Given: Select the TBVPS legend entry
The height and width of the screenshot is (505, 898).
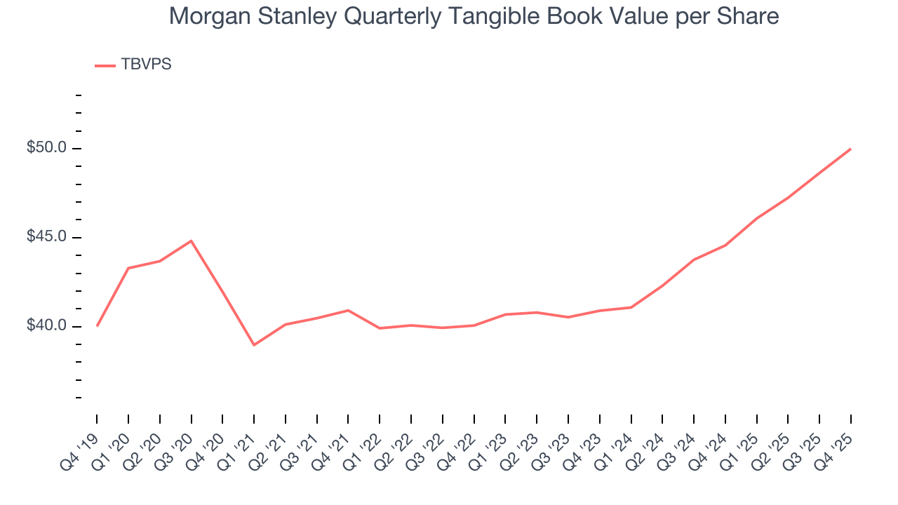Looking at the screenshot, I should [x=133, y=65].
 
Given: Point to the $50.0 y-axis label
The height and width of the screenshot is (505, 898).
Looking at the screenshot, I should [x=46, y=148].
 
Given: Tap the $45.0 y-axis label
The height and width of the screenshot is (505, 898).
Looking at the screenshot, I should [x=46, y=237].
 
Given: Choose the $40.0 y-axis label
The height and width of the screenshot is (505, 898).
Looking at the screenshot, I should [x=46, y=326].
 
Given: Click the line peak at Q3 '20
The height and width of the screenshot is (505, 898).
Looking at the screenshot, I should [x=192, y=241].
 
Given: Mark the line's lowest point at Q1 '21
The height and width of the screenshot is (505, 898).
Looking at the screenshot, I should [x=254, y=345].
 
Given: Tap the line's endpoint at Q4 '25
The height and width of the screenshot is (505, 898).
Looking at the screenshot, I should [x=851, y=149].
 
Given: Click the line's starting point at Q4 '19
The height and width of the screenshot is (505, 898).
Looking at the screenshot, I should [x=97, y=326].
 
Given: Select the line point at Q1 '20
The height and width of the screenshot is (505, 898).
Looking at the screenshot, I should [x=128, y=268].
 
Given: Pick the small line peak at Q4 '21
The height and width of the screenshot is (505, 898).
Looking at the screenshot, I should [x=348, y=310].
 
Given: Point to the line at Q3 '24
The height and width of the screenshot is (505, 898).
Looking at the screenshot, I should [x=694, y=260].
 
